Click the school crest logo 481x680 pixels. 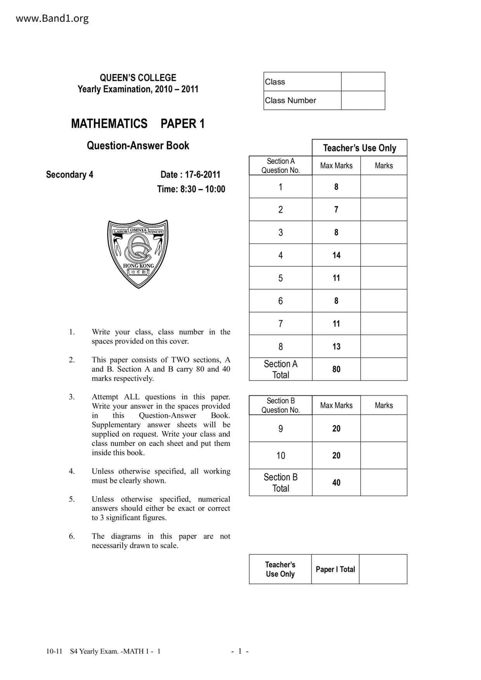point(138,254)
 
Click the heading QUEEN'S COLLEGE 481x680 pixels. point(138,78)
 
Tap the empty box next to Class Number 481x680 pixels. point(363,100)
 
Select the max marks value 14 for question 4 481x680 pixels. point(336,255)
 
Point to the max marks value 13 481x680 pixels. point(336,347)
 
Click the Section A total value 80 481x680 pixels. point(336,369)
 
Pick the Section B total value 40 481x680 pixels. point(336,483)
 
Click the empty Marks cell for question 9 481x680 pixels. point(384,428)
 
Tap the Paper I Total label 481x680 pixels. point(335,569)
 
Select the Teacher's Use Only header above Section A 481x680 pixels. point(360,148)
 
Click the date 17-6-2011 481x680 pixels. point(202,174)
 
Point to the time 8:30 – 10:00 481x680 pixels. point(201,189)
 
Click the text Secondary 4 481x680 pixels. point(69,174)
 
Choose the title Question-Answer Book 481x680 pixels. point(138,146)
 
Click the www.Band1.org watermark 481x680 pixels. point(52,18)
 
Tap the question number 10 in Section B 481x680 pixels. point(280,456)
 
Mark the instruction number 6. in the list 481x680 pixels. point(72,536)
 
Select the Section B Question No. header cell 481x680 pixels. point(280,405)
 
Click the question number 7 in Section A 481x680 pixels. point(280,324)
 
